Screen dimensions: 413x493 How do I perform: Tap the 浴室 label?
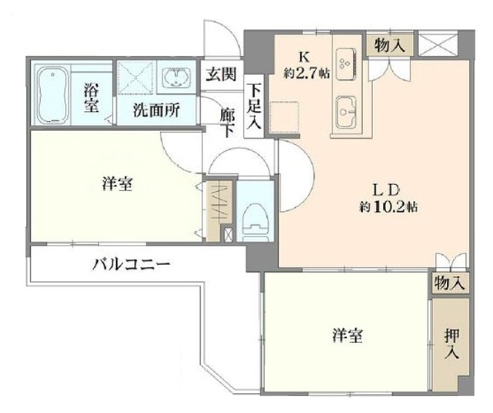click(92, 97)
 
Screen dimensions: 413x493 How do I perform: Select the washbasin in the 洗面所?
click(178, 78)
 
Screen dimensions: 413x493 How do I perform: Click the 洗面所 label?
click(157, 110)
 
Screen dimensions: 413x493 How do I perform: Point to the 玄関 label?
click(221, 75)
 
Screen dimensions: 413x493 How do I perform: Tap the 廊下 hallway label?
click(226, 121)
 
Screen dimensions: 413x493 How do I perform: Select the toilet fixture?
click(253, 219)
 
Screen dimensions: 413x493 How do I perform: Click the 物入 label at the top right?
click(389, 45)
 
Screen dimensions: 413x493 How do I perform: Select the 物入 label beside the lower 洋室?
click(449, 283)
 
